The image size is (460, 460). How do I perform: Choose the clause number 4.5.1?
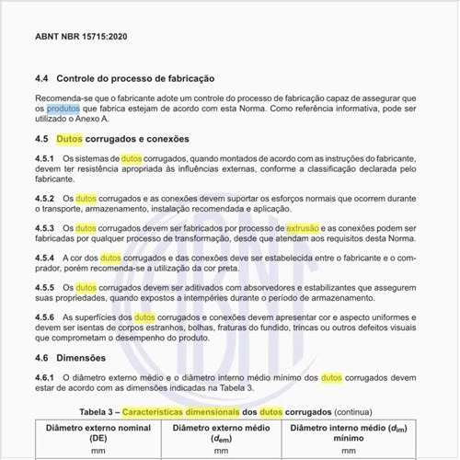pos(47,159)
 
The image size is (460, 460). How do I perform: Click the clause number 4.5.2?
pos(47,198)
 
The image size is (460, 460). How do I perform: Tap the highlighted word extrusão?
pos(303,227)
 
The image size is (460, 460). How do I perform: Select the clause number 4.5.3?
pos(47,227)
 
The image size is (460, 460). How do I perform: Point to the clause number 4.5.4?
pos(47,258)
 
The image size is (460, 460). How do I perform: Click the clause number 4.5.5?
pos(47,287)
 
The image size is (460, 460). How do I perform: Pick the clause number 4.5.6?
pos(47,317)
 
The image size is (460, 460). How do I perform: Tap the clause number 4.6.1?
pos(47,377)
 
